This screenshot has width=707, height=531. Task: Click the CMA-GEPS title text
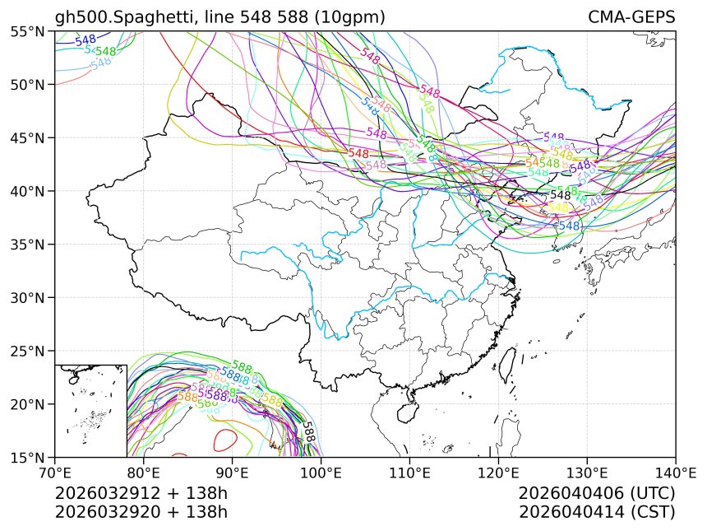pyautogui.click(x=631, y=17)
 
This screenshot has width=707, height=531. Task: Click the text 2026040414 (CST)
pyautogui.click(x=597, y=511)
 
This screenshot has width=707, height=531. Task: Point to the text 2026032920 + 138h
pyautogui.click(x=141, y=511)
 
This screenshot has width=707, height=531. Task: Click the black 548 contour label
pyautogui.click(x=560, y=195)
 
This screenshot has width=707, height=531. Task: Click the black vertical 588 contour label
pyautogui.click(x=308, y=433)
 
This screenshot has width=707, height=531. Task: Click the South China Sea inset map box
pyautogui.click(x=90, y=410)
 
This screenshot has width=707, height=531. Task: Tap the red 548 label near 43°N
pyautogui.click(x=358, y=153)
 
